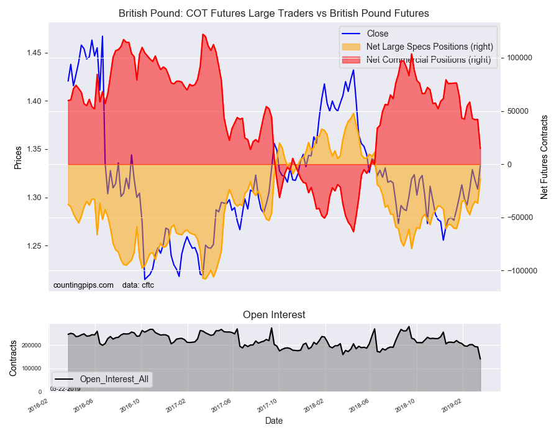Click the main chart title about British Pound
point(273,13)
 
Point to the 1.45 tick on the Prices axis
point(35,53)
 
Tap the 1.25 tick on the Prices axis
point(35,246)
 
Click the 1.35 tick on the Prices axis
point(35,149)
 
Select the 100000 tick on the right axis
point(521,58)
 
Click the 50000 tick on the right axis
point(519,111)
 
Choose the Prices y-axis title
point(18,157)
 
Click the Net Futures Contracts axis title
point(544,157)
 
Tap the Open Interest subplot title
point(274,315)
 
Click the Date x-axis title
point(274,421)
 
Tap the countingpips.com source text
point(83,285)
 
